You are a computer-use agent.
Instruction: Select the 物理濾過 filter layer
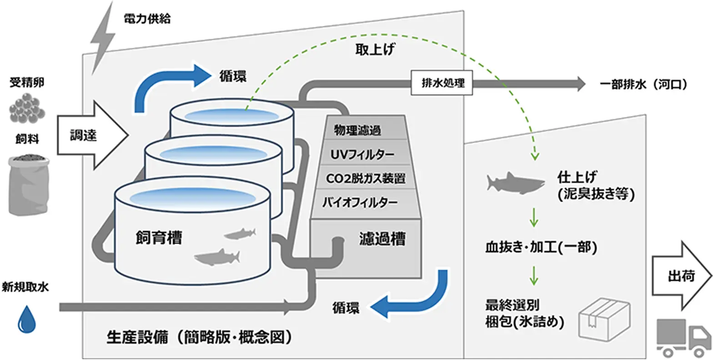[357, 131]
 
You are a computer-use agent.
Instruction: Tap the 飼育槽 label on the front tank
[158, 237]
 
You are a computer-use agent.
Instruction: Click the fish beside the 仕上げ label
[515, 182]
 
